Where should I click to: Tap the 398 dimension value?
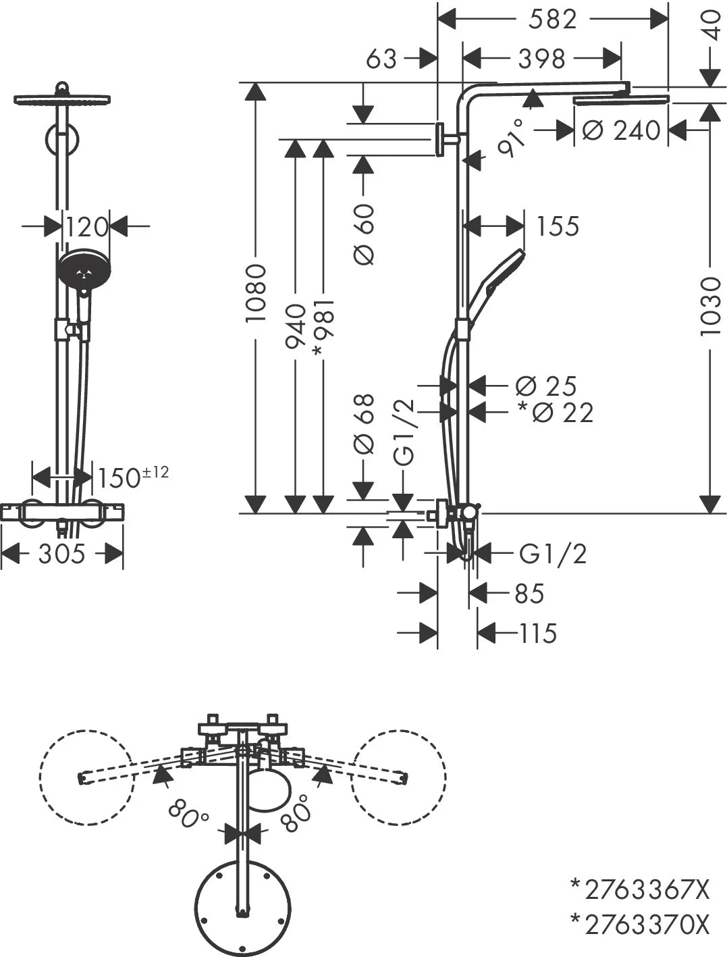tap(541, 59)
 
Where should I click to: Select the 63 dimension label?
tap(381, 59)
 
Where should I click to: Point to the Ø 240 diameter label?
tap(621, 130)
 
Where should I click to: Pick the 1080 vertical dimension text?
tap(256, 293)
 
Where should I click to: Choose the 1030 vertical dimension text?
tap(711, 305)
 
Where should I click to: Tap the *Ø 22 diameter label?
tap(555, 412)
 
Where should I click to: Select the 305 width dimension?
tap(61, 554)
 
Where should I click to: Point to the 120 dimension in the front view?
tap(87, 228)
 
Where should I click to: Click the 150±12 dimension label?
tap(132, 477)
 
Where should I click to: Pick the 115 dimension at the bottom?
tap(538, 633)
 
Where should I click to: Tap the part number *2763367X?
tap(640, 889)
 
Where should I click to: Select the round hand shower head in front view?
tap(84, 270)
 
